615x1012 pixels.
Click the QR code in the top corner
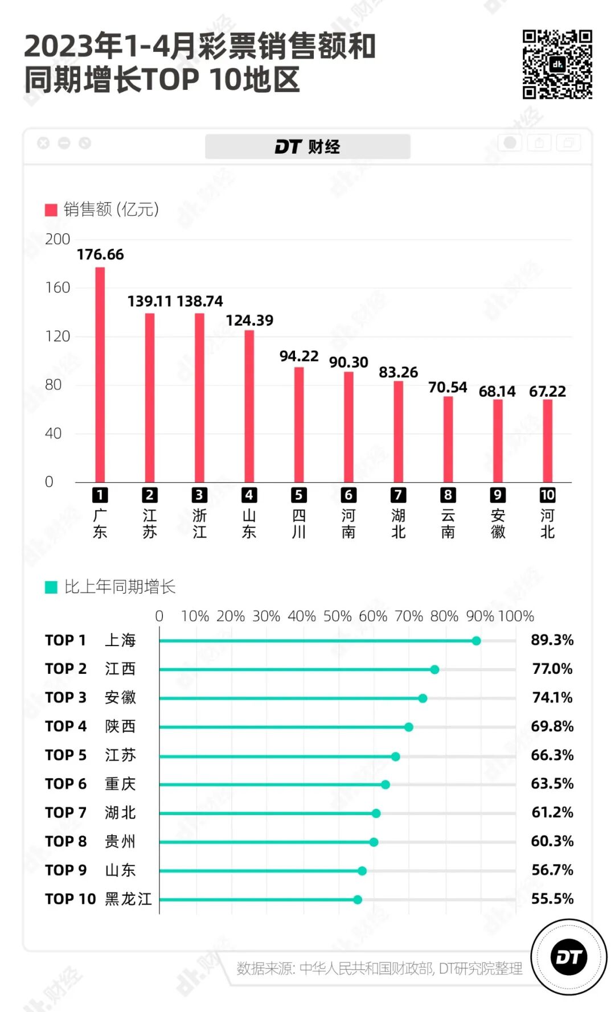pos(557,64)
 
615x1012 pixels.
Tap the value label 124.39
pos(249,320)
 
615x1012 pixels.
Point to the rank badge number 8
pos(448,495)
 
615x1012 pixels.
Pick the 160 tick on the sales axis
pos(58,287)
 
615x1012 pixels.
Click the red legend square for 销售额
pos(51,210)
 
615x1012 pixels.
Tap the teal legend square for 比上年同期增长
pos(51,587)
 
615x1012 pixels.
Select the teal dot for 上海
pos(476,641)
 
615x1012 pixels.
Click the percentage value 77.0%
pos(552,669)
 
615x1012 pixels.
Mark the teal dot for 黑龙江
pos(358,900)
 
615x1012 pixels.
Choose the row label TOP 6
pos(65,784)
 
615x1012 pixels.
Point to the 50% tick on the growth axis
pos(337,616)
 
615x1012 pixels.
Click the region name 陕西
pos(120,726)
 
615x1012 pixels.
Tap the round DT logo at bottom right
pos(568,957)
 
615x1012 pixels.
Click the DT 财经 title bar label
pos(307,147)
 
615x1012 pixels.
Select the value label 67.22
pos(547,392)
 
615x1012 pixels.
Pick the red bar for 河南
pos(348,427)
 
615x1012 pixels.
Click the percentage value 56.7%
pos(552,870)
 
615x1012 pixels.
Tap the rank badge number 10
pos(547,495)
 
